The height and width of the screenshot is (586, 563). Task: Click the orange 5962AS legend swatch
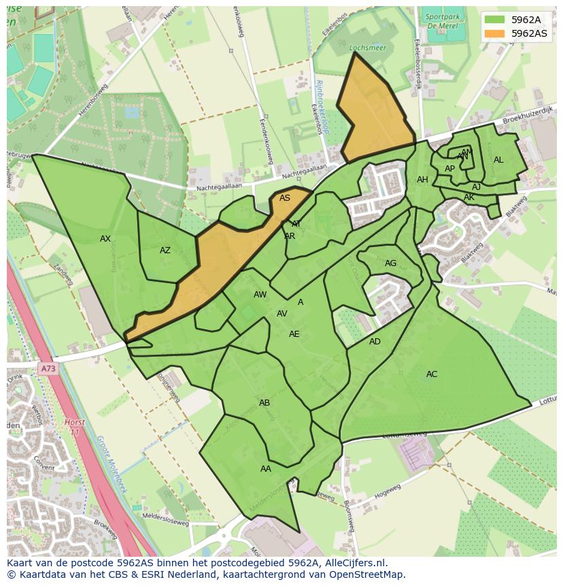click(494, 33)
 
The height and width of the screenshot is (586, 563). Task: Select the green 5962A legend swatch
click(494, 20)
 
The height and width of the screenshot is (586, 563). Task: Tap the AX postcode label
click(105, 239)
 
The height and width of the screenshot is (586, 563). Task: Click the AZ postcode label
click(165, 250)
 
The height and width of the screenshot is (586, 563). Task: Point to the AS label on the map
click(285, 198)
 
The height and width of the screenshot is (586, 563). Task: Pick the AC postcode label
click(432, 374)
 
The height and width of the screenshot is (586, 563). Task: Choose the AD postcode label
click(375, 342)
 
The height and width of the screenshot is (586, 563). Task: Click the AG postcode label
click(390, 263)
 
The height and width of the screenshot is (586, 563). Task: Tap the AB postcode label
click(265, 403)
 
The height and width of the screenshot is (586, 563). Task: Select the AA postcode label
click(266, 469)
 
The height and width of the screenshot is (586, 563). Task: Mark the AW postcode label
click(260, 295)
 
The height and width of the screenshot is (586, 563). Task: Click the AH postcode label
click(422, 180)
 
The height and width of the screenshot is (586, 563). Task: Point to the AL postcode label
click(498, 160)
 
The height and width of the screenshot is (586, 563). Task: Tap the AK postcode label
click(469, 197)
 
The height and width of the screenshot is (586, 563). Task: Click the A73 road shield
click(48, 369)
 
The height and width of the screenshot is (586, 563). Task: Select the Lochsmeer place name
click(362, 48)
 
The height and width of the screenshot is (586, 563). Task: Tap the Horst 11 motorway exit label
click(75, 427)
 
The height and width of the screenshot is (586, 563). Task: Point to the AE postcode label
click(294, 334)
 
